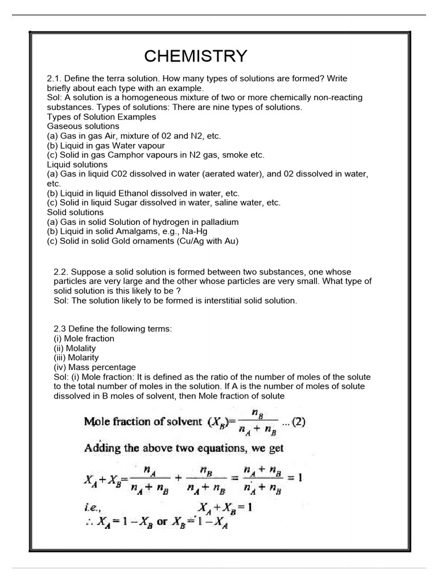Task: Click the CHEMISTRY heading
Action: (195, 56)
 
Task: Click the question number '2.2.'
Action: (61, 272)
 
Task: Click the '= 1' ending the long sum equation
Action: (294, 478)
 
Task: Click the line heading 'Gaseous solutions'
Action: (83, 126)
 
